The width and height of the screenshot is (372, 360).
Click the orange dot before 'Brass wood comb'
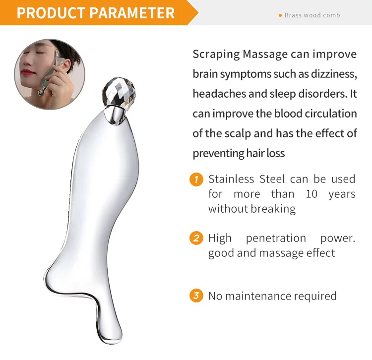[280, 15]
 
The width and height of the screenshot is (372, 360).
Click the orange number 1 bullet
[196, 179]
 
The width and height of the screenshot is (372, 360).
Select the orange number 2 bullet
[196, 238]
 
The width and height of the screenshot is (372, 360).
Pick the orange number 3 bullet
[196, 296]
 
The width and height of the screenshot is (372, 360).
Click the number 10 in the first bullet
[311, 194]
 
